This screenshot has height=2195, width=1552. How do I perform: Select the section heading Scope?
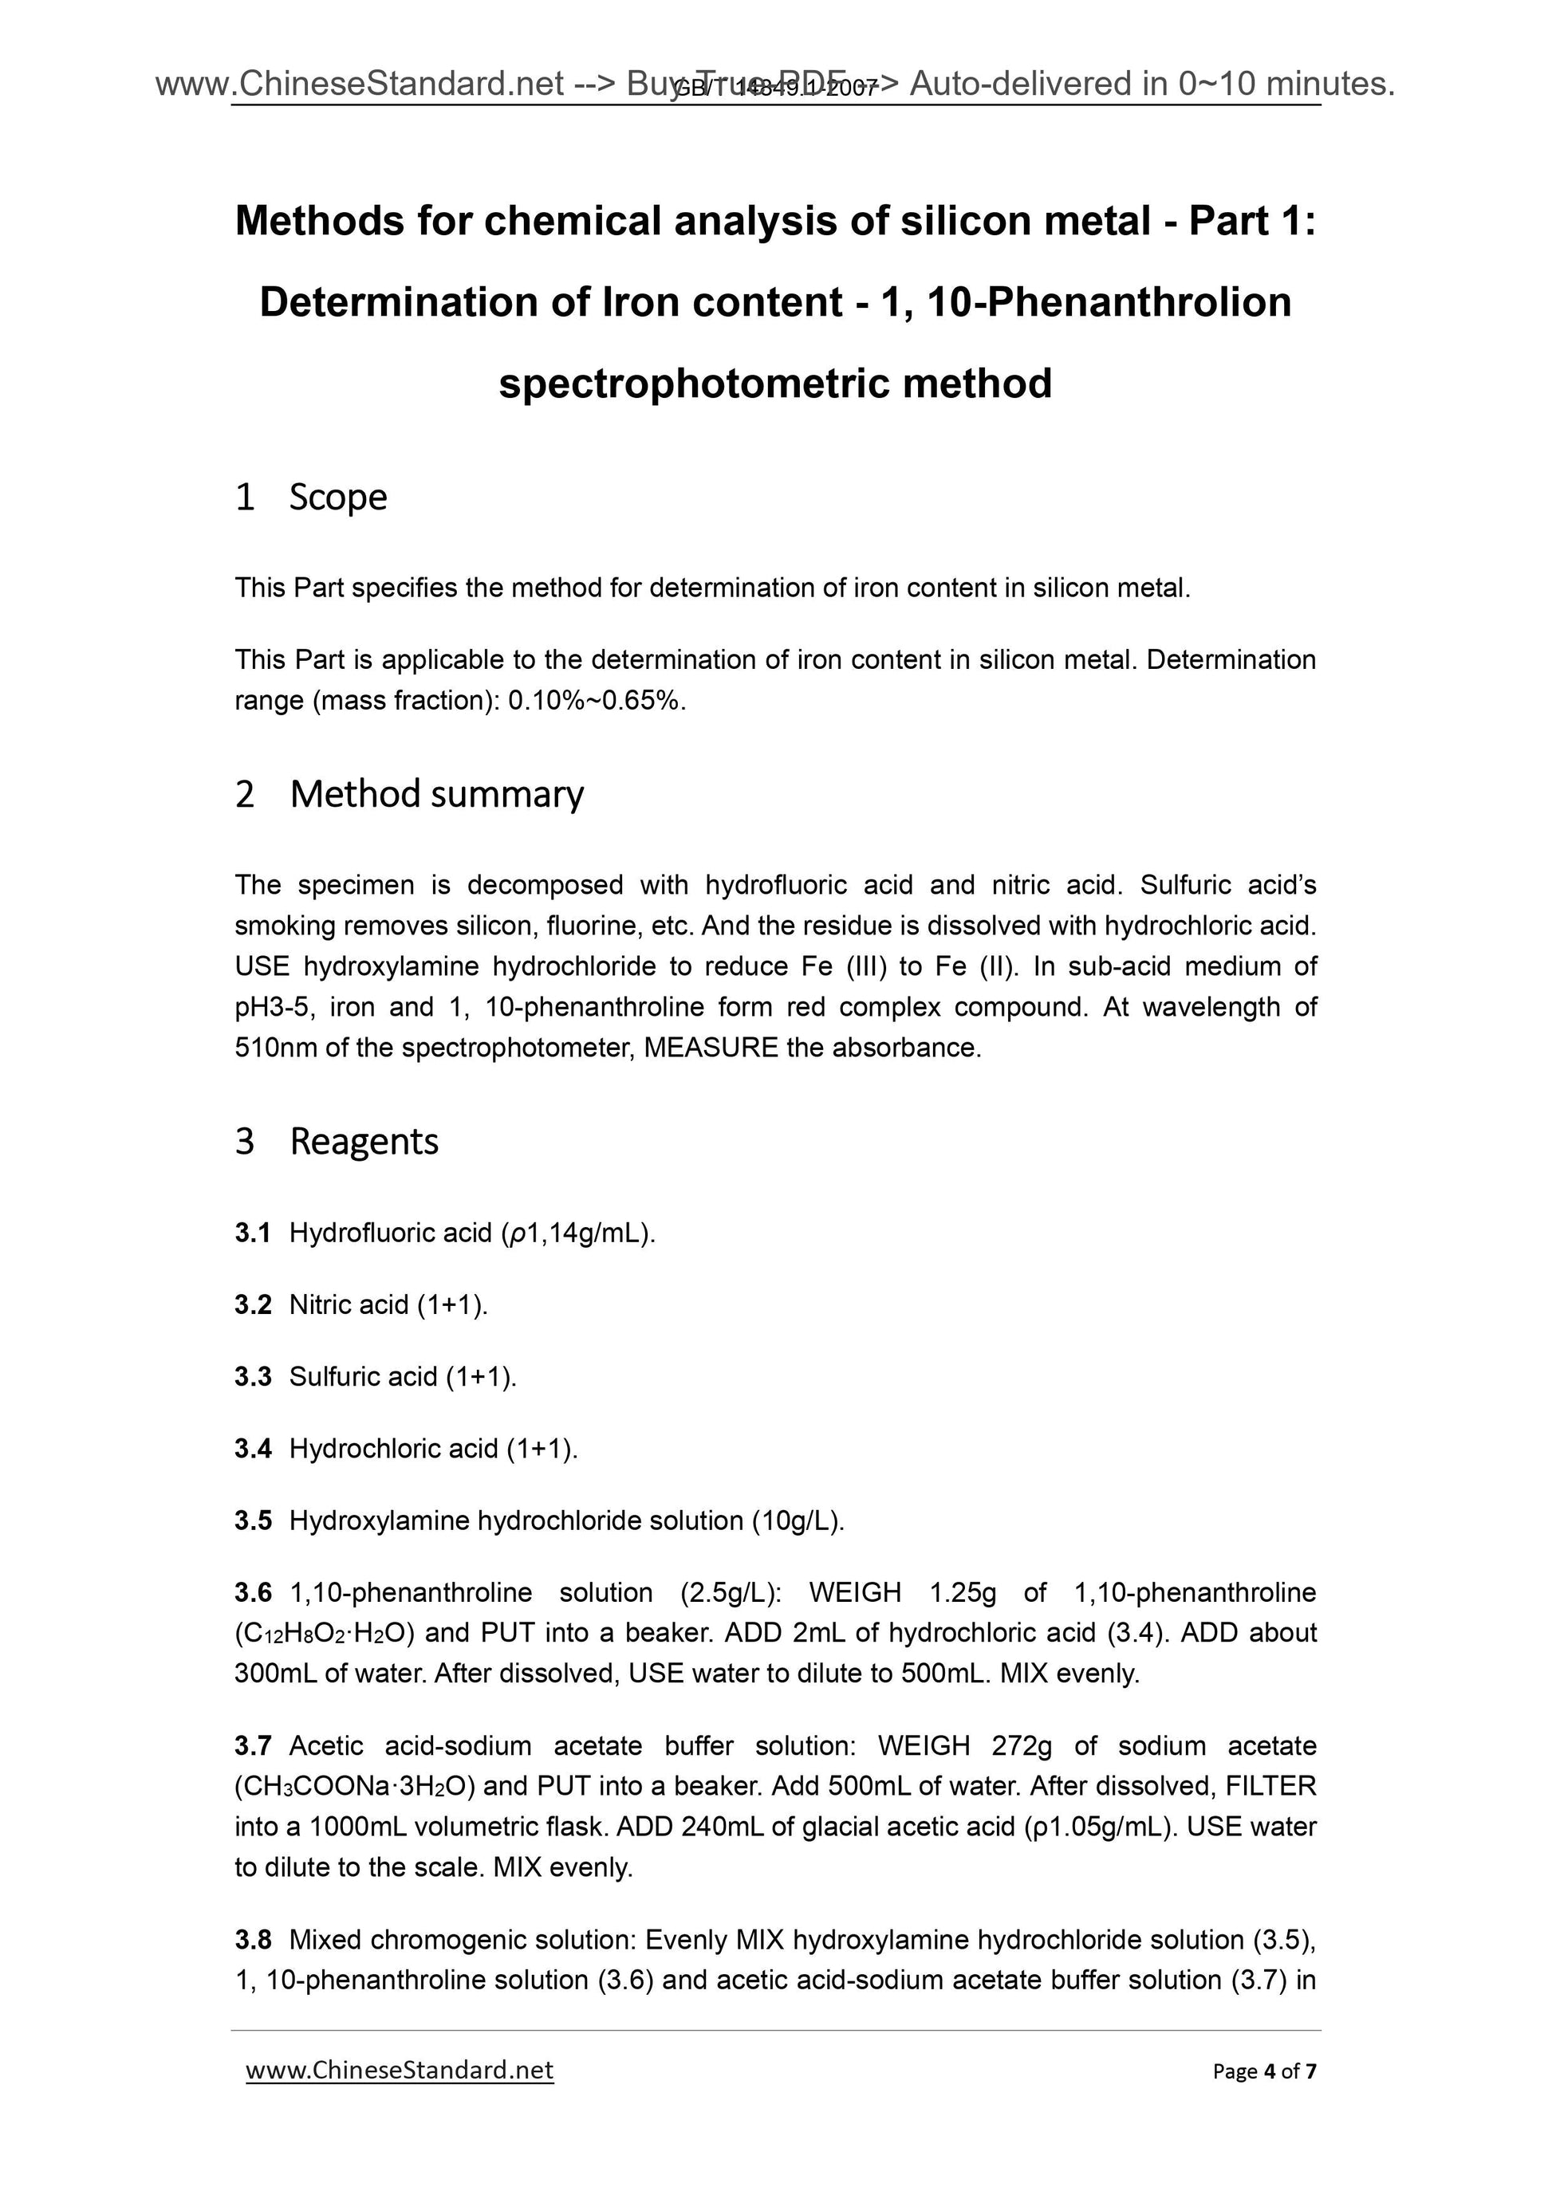tap(337, 498)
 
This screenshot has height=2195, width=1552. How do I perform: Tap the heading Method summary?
tap(436, 793)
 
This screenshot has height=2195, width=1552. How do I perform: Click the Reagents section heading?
tap(364, 1142)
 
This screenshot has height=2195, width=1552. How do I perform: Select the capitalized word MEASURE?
tap(711, 1048)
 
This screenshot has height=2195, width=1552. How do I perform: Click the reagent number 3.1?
tap(253, 1233)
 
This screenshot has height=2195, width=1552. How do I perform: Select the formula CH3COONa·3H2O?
tap(360, 1786)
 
